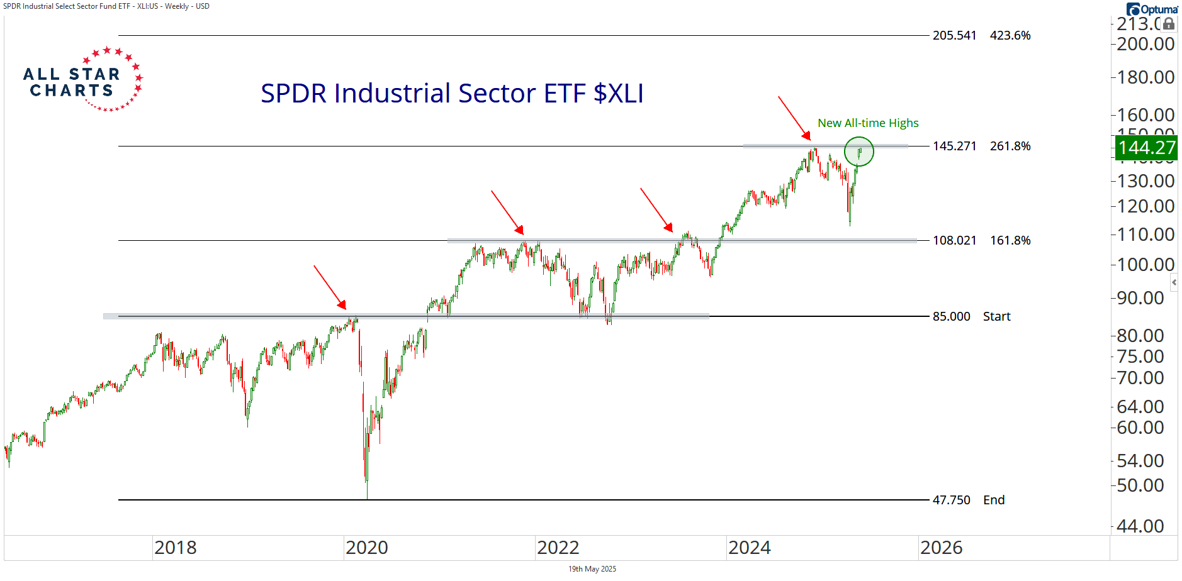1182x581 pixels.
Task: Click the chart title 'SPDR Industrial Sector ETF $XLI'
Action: pyautogui.click(x=452, y=94)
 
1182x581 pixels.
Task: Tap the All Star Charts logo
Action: pyautogui.click(x=82, y=80)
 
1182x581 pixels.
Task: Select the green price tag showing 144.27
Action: pyautogui.click(x=1146, y=148)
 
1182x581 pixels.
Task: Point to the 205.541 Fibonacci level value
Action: pyautogui.click(x=954, y=36)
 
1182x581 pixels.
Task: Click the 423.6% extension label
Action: pyautogui.click(x=1010, y=36)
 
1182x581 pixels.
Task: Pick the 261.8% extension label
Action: pyautogui.click(x=1010, y=147)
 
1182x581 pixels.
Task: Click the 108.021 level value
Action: pyautogui.click(x=954, y=241)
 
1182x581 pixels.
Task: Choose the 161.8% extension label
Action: pyautogui.click(x=1010, y=241)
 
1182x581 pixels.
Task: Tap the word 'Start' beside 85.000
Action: pyautogui.click(x=996, y=317)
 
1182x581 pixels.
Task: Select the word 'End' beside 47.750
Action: pyautogui.click(x=994, y=501)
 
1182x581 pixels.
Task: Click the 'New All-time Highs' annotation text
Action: pyautogui.click(x=868, y=123)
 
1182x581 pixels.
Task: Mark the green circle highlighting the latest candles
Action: pyautogui.click(x=858, y=152)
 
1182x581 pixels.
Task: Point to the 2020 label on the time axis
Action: pyautogui.click(x=367, y=548)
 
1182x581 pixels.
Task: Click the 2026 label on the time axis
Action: pyautogui.click(x=941, y=548)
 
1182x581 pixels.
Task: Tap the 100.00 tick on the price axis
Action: pyautogui.click(x=1145, y=265)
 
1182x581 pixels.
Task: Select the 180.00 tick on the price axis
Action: pyautogui.click(x=1145, y=77)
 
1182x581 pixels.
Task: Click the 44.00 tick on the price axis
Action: pyautogui.click(x=1140, y=526)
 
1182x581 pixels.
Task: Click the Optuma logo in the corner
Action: pyautogui.click(x=1152, y=9)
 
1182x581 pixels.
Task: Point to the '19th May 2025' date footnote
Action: pyautogui.click(x=592, y=569)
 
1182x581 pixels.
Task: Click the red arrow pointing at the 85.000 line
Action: pyautogui.click(x=330, y=287)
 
